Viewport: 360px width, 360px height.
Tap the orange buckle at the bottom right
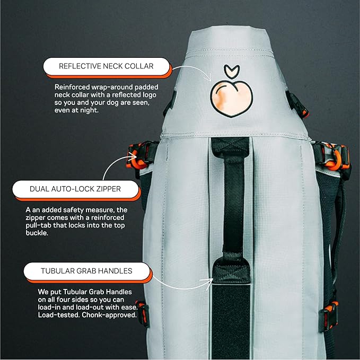331,308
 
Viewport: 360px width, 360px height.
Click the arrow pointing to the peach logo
191,72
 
